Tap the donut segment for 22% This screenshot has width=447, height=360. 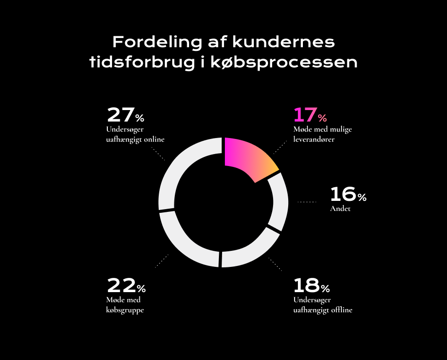[x=184, y=241]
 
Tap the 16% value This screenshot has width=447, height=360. [x=348, y=195]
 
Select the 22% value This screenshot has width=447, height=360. [x=126, y=286]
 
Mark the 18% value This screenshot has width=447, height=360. [x=311, y=286]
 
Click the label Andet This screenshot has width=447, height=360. [x=340, y=209]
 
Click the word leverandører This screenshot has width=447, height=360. [x=314, y=139]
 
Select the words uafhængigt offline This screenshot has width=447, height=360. [x=323, y=310]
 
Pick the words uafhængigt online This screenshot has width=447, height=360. [x=135, y=139]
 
